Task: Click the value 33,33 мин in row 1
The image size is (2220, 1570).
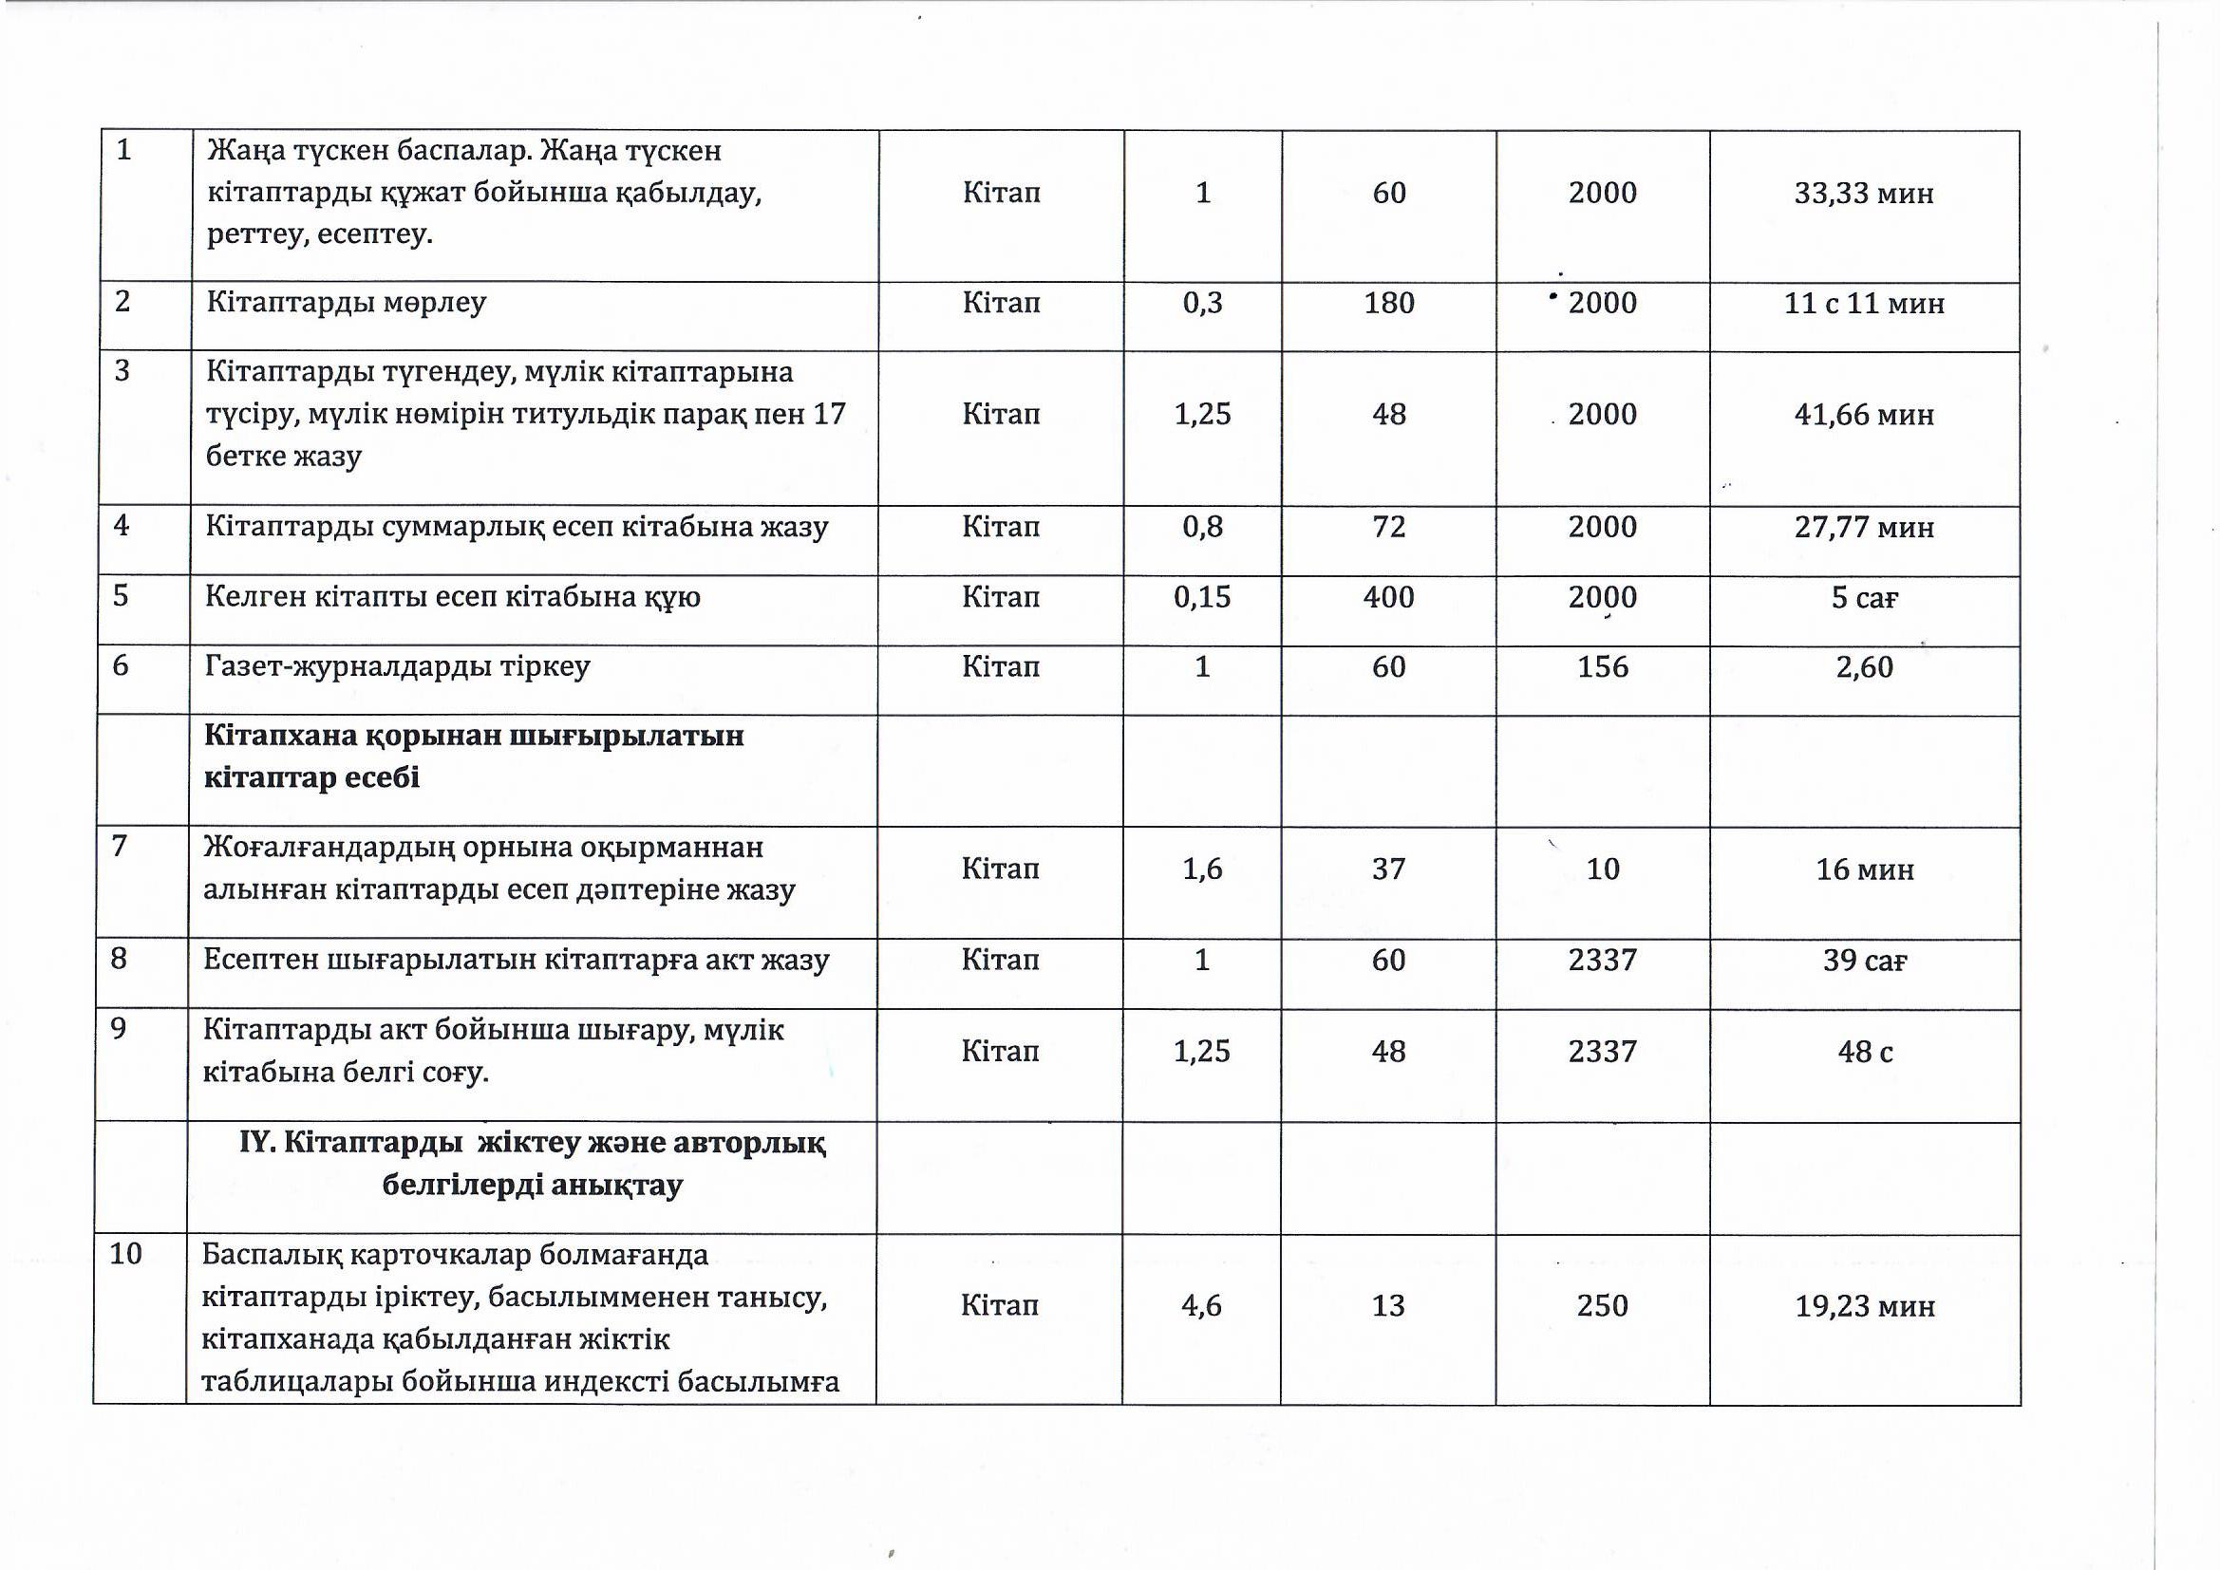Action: point(1863,194)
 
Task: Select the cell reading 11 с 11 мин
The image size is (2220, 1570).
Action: point(1863,304)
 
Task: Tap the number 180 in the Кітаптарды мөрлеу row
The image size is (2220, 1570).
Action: point(1388,303)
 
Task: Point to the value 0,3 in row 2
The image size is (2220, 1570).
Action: point(1202,303)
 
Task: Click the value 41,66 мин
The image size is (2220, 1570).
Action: point(1863,415)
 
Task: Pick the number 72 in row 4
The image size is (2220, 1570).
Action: point(1388,527)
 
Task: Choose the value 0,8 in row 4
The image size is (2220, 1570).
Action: point(1202,527)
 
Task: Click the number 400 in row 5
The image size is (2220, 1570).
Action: point(1388,596)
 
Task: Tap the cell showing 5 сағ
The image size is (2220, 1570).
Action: point(1864,597)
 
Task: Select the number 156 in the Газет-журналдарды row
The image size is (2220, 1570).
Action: point(1602,666)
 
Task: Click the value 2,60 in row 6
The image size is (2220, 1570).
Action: point(1863,667)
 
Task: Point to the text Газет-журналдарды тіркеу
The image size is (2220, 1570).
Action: point(398,666)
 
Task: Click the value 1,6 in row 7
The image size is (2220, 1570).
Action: point(1202,869)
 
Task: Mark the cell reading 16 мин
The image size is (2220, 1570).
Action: point(1864,870)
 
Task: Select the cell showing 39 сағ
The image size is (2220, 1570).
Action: point(1864,960)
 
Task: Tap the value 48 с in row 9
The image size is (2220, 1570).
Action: point(1864,1051)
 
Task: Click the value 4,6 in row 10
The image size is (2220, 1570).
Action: point(1201,1306)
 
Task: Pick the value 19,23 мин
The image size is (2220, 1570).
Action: point(1864,1307)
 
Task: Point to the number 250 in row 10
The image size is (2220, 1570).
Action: point(1602,1306)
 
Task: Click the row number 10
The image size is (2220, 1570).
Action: point(125,1254)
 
